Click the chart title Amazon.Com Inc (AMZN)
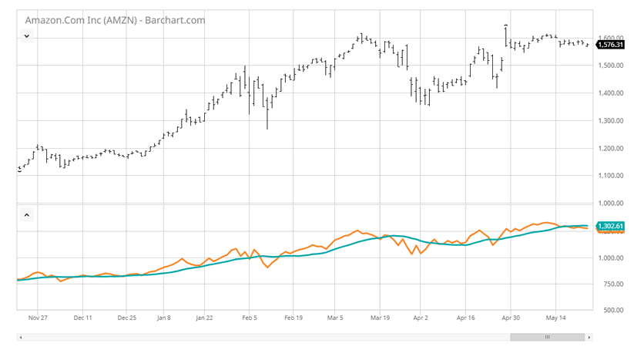pyautogui.click(x=81, y=20)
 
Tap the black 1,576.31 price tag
pyautogui.click(x=610, y=45)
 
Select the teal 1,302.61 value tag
pyautogui.click(x=610, y=226)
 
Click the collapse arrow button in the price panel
pyautogui.click(x=27, y=36)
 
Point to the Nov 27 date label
pyautogui.click(x=38, y=318)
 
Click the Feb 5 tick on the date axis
pyautogui.click(x=250, y=318)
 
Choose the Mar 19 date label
pyautogui.click(x=380, y=318)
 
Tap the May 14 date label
pyautogui.click(x=555, y=318)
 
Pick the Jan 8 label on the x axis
pyautogui.click(x=163, y=318)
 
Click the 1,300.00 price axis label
pyautogui.click(x=611, y=121)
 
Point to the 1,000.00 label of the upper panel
pyautogui.click(x=611, y=203)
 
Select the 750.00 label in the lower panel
pyautogui.click(x=613, y=284)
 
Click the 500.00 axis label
pyautogui.click(x=613, y=310)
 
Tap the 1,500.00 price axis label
pyautogui.click(x=611, y=66)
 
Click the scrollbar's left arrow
pyautogui.click(x=21, y=338)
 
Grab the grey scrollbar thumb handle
pyautogui.click(x=547, y=338)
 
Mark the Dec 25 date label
pyautogui.click(x=126, y=318)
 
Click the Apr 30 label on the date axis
pyautogui.click(x=511, y=318)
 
